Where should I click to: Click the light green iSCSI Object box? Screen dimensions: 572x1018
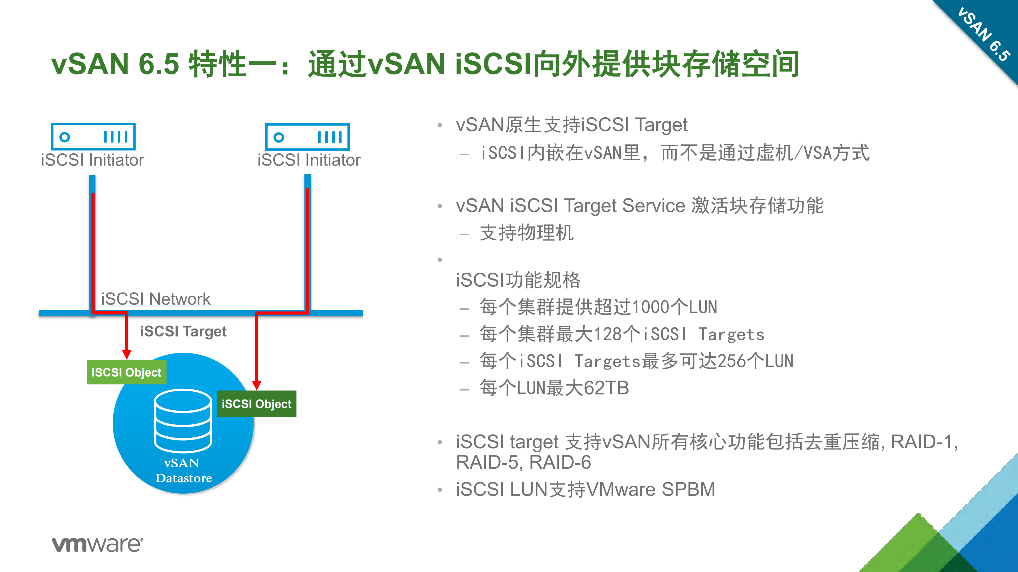pyautogui.click(x=126, y=372)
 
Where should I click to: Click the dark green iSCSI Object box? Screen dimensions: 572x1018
pyautogui.click(x=256, y=403)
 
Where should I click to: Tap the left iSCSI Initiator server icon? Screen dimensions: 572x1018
pyautogui.click(x=93, y=137)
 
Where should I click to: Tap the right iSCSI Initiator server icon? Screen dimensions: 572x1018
pyautogui.click(x=307, y=137)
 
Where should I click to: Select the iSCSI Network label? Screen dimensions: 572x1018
pyautogui.click(x=156, y=299)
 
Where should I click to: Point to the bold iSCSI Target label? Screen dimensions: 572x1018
pyautogui.click(x=183, y=331)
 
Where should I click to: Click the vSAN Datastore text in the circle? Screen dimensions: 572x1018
pyautogui.click(x=183, y=470)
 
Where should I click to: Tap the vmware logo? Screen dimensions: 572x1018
pyautogui.click(x=98, y=544)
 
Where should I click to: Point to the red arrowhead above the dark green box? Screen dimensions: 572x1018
pyautogui.click(x=256, y=385)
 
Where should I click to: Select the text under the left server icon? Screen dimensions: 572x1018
pyautogui.click(x=93, y=160)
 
